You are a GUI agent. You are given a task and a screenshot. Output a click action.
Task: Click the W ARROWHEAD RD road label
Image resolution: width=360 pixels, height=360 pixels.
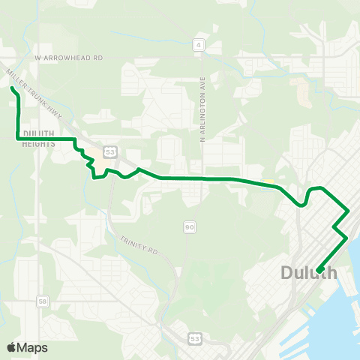point(67,56)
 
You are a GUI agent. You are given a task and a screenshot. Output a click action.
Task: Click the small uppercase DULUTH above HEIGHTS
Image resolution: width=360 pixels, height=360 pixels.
point(37,133)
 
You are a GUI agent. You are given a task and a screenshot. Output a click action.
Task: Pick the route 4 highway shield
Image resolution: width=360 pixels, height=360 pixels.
point(199,45)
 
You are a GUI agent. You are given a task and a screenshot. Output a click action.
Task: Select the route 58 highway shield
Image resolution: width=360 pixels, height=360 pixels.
point(42,301)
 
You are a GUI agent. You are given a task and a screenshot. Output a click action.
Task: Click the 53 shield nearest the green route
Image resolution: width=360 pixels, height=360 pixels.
point(110,151)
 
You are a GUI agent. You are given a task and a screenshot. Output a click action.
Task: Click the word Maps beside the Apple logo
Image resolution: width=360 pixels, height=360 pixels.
point(32,347)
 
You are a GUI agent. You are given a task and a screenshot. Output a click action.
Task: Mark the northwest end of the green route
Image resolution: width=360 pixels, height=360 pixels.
point(12,88)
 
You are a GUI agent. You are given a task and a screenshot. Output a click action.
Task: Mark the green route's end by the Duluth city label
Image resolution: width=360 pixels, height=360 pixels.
point(319,271)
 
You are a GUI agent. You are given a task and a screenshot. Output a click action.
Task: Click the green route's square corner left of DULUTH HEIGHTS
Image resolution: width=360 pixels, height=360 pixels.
point(17,139)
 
